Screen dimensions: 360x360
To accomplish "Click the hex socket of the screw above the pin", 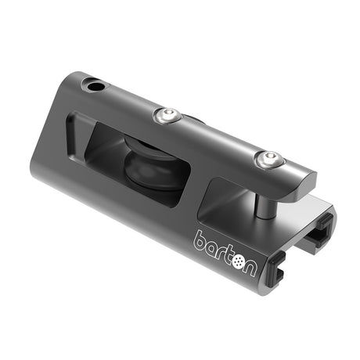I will pyautogui.click(x=268, y=158).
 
